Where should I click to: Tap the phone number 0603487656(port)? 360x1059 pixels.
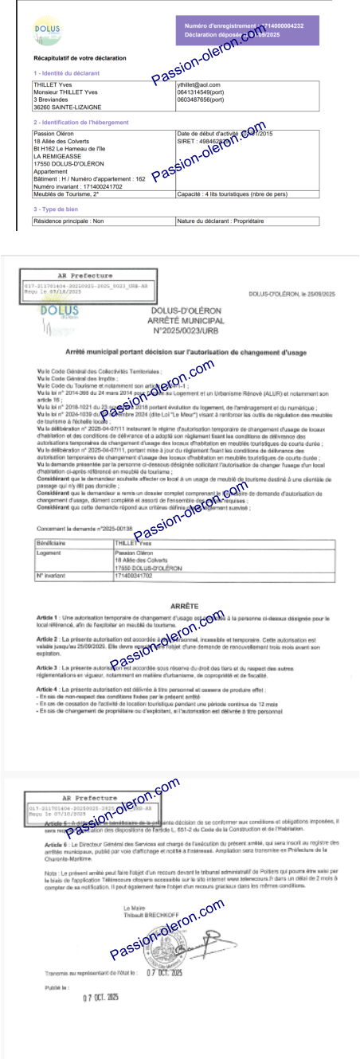[x=200, y=100]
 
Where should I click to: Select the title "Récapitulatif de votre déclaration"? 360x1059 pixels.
[x=80, y=58]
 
